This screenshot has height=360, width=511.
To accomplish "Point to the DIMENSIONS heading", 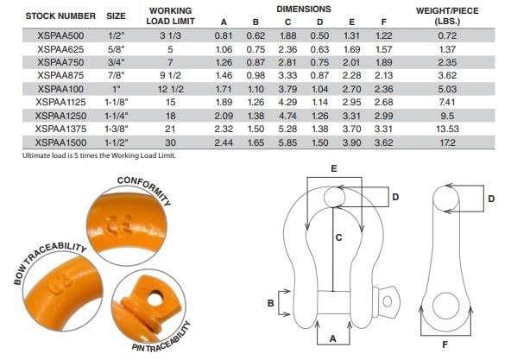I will click(x=305, y=8).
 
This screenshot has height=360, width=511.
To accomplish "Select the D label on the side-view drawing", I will click(x=489, y=199).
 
